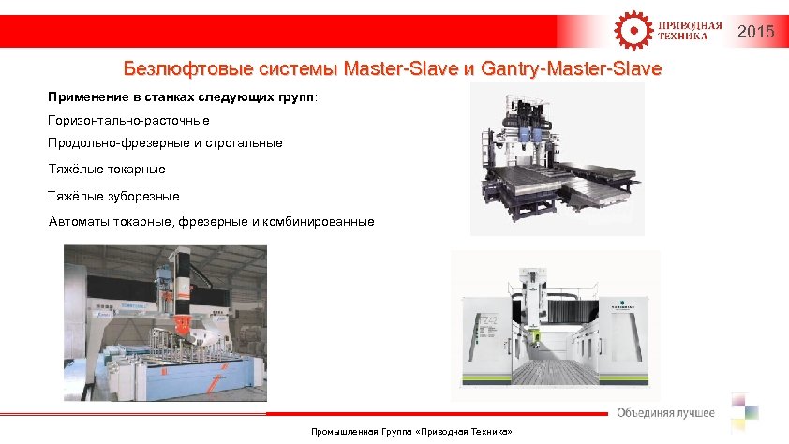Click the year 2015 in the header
[755, 33]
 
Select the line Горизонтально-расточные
[128, 121]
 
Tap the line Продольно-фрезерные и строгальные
[165, 144]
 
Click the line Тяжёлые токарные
[107, 170]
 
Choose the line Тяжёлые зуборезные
[113, 197]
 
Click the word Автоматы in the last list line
[78, 222]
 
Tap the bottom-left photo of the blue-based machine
[165, 323]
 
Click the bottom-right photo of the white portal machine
[556, 323]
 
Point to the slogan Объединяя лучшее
[665, 413]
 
